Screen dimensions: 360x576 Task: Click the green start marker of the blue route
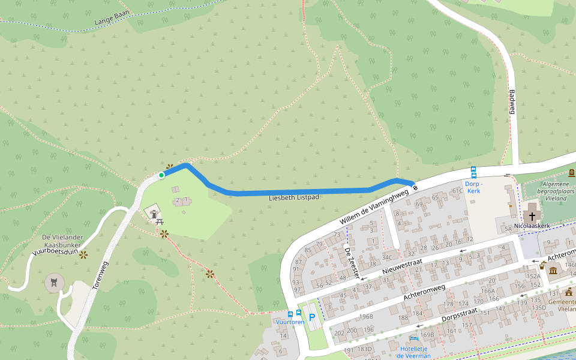click(161, 175)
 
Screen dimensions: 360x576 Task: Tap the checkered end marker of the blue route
click(415, 185)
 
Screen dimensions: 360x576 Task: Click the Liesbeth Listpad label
click(294, 197)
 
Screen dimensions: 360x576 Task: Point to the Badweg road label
click(512, 101)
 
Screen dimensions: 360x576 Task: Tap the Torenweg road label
click(100, 276)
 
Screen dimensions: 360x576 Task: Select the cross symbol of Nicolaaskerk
click(532, 215)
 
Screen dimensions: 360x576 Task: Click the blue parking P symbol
click(312, 316)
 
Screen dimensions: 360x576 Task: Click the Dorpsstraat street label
click(459, 314)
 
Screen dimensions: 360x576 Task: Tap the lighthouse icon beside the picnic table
click(154, 213)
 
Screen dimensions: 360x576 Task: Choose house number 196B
click(366, 316)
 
